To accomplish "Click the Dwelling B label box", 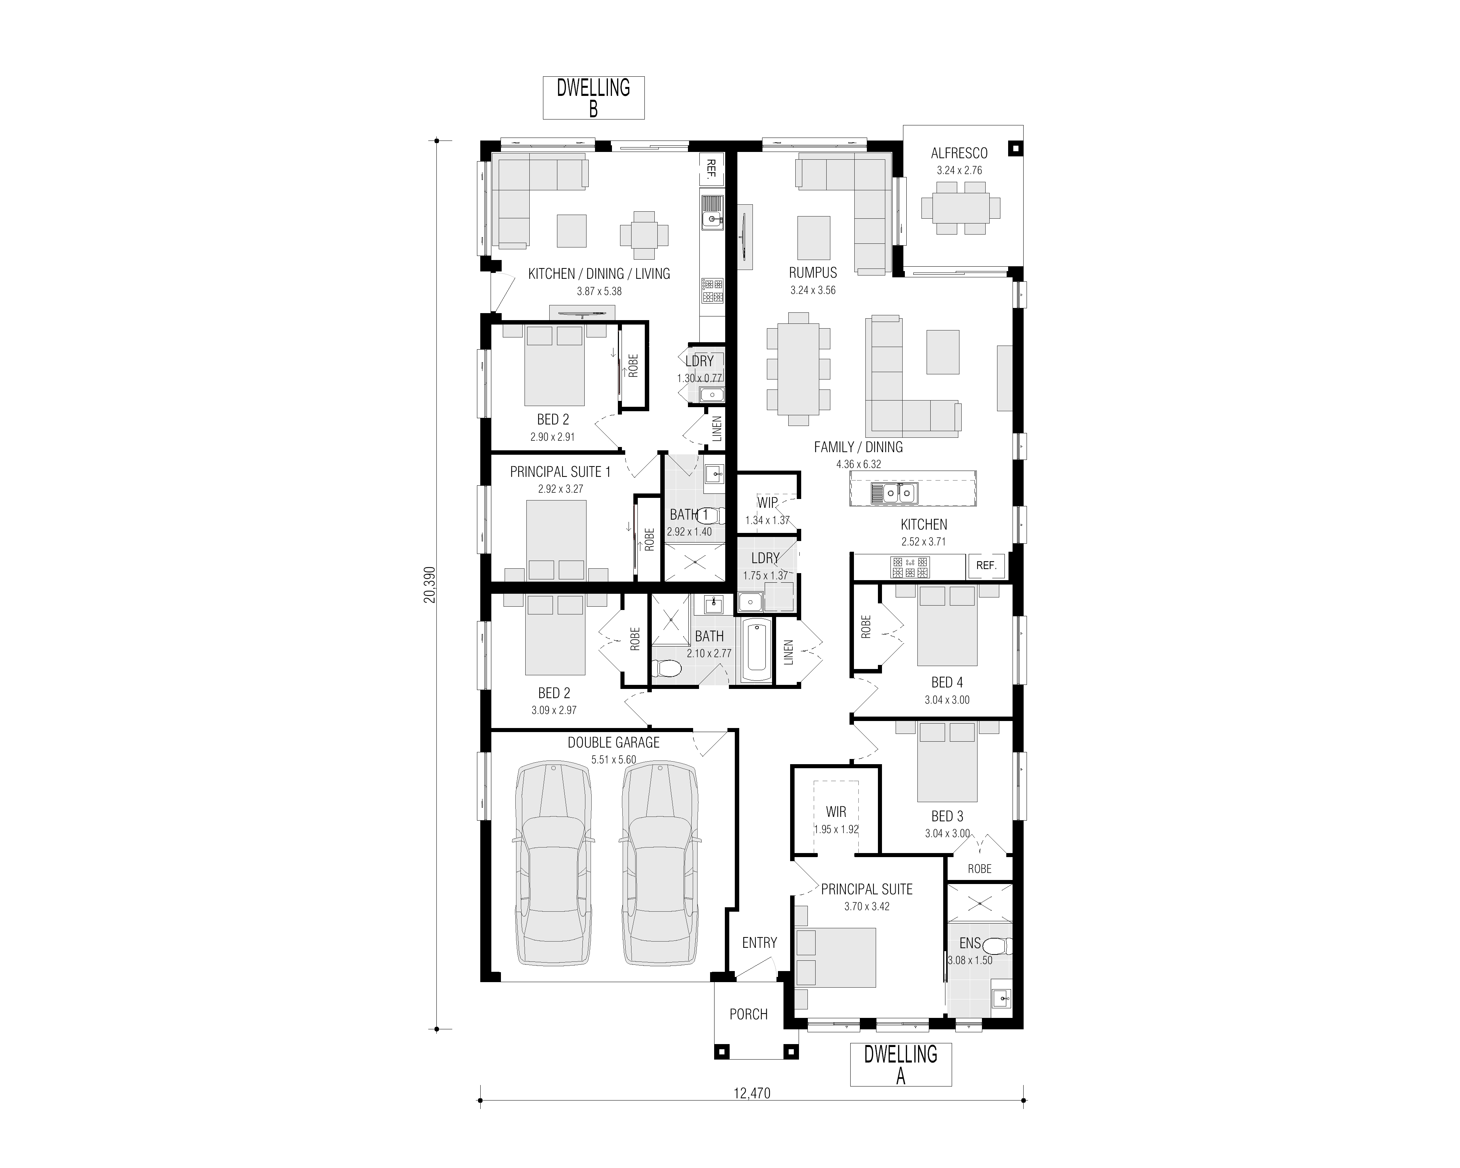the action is tap(593, 98).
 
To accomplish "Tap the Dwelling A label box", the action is tap(901, 1064).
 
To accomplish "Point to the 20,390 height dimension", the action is tap(430, 584).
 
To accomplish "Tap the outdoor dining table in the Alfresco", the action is tap(960, 208).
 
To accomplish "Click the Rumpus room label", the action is tap(813, 273).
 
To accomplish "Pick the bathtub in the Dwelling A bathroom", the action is tap(757, 650).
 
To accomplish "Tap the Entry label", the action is tap(759, 943).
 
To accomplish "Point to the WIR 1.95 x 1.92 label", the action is tap(836, 819).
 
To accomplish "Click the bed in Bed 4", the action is tap(947, 625).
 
